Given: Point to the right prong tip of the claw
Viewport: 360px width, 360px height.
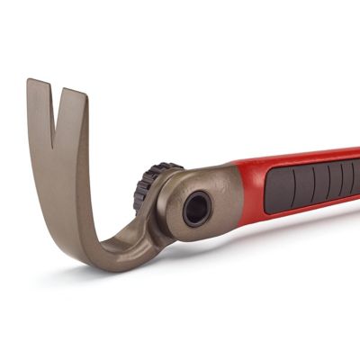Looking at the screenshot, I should (76, 95).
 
